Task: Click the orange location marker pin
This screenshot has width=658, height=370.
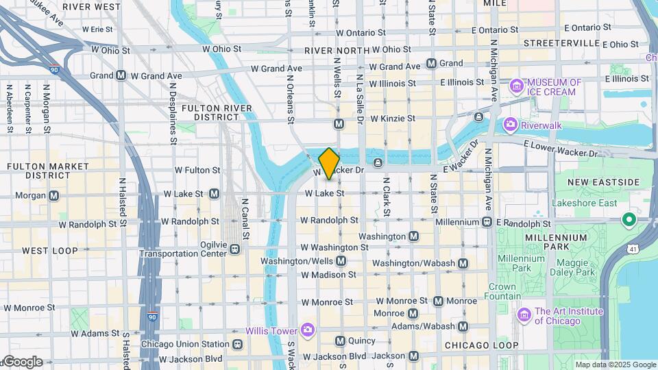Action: pos(329,163)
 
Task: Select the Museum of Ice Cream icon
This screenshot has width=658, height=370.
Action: pos(516,87)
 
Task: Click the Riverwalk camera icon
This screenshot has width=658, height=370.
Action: pos(510,125)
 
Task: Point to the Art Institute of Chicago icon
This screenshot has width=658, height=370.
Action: pos(524,315)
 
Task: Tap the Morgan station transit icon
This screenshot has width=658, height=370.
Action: pos(53,195)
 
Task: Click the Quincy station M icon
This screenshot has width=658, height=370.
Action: pos(340,341)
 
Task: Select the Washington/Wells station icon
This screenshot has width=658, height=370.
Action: pos(341,261)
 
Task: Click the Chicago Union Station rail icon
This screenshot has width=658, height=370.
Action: pos(237,344)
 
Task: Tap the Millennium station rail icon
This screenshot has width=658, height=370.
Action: pos(487,222)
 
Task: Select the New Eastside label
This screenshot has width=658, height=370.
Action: pos(603,182)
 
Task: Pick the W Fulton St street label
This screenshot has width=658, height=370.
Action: pos(197,170)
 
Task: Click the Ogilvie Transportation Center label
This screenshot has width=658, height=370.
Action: pos(183,249)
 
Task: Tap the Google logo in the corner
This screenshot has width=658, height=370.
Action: pos(22,362)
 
